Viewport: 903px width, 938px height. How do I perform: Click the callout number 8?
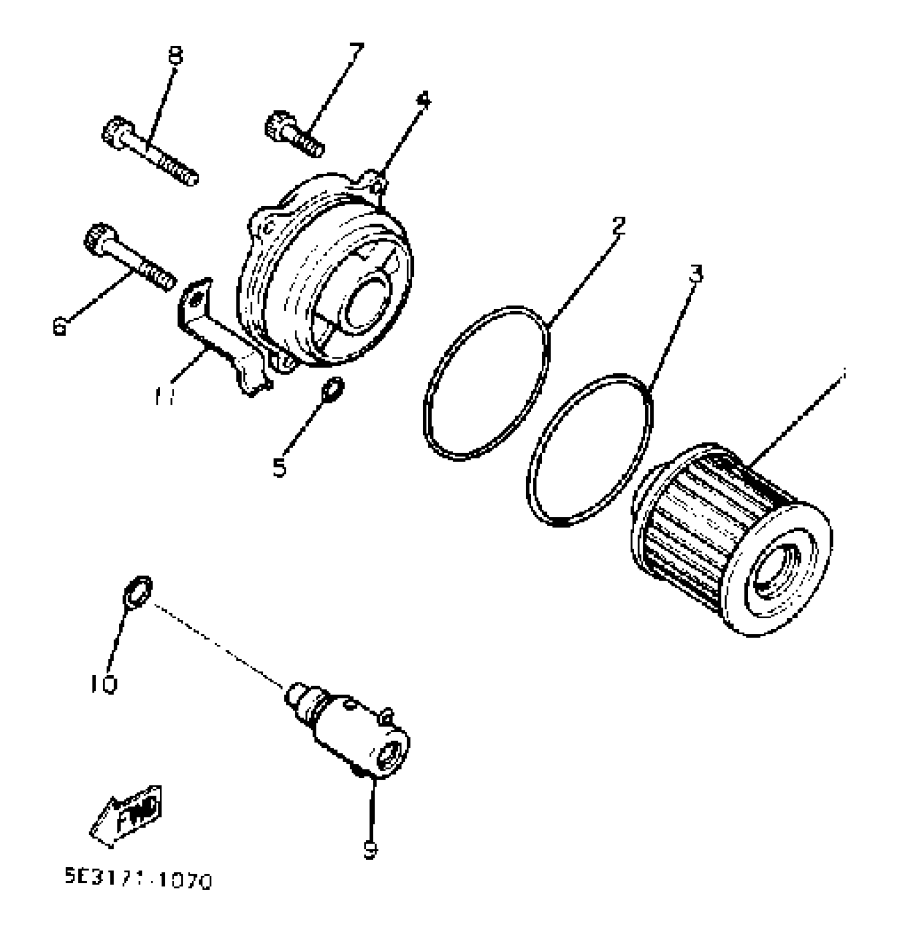coord(174,55)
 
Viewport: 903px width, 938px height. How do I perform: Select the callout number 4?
coord(423,100)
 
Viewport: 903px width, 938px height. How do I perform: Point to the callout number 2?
coord(618,226)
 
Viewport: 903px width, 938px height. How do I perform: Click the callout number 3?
coord(696,274)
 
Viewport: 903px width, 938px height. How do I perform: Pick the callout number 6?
coord(61,326)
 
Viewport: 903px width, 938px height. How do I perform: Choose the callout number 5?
coord(279,467)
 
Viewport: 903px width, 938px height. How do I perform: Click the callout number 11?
coord(165,396)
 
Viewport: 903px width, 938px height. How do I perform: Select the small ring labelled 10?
coord(138,591)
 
